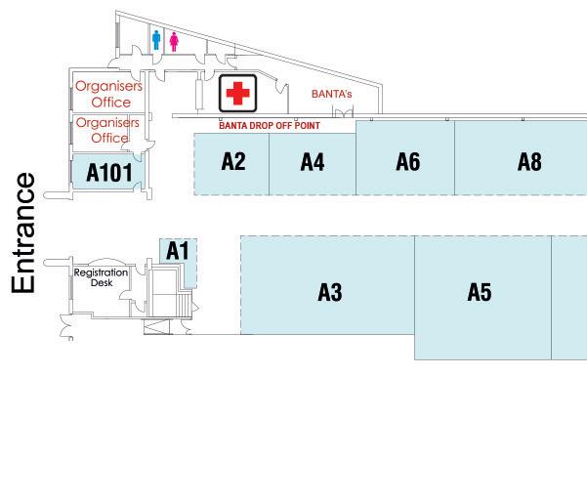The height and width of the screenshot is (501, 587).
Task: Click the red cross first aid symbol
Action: [x=236, y=94]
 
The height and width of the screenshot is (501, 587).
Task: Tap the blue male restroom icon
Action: [x=156, y=39]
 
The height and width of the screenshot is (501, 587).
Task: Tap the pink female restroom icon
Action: [x=175, y=40]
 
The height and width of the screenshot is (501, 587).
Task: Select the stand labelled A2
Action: [x=232, y=162]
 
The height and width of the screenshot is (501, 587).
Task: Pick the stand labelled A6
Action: [x=407, y=162]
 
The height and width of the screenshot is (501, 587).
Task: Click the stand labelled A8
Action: [x=528, y=162]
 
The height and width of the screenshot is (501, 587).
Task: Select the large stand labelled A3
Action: [x=329, y=291]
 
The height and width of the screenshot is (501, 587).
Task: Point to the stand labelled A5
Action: [x=479, y=292]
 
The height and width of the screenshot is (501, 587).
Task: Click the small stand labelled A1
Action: [x=177, y=251]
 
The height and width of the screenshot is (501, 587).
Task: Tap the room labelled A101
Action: [x=108, y=173]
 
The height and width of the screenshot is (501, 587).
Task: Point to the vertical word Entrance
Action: [x=24, y=232]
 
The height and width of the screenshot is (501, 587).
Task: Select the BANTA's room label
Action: [x=330, y=95]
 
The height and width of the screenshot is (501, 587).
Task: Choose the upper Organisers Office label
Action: [x=109, y=94]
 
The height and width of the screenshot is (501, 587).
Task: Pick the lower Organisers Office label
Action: [x=109, y=130]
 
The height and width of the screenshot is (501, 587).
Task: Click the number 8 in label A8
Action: [x=535, y=162]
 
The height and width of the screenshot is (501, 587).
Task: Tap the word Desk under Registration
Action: [x=103, y=283]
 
